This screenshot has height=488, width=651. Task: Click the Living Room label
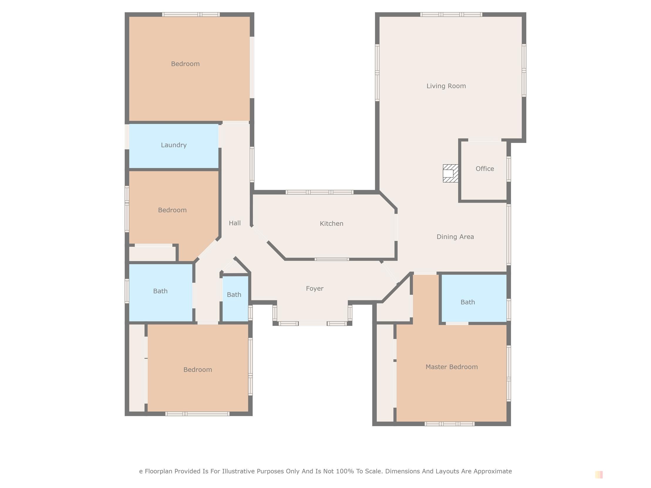coord(446,86)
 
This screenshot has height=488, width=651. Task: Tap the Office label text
coord(485,169)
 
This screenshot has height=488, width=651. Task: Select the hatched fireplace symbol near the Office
coord(450,173)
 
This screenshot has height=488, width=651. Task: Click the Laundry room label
coord(174,145)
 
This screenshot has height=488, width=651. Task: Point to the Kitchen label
coord(332,224)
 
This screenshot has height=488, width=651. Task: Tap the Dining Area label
coord(455,237)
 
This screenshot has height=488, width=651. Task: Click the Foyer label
coord(314,288)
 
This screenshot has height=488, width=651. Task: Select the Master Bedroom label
coord(451,367)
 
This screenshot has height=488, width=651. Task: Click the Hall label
coord(235,223)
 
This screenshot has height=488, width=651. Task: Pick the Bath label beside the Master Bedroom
coord(467,302)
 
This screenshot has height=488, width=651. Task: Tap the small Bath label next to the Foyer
coord(234,295)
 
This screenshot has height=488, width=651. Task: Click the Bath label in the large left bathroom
coord(160,291)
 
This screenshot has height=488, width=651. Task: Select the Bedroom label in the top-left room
coord(185,64)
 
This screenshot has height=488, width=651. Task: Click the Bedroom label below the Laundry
coord(172,210)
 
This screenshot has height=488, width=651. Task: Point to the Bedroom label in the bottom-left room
coord(198,370)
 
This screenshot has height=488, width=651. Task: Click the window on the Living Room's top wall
coord(451,14)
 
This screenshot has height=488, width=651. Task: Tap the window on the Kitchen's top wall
coord(319,192)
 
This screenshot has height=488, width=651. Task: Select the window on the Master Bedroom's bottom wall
coord(449,424)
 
